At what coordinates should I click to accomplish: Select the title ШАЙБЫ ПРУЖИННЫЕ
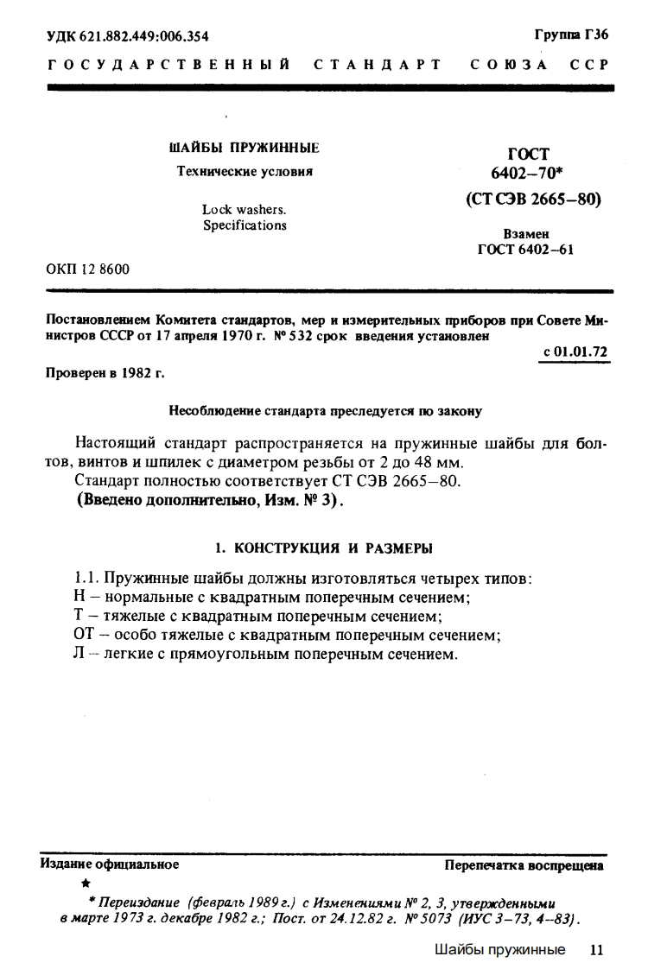pyautogui.click(x=245, y=148)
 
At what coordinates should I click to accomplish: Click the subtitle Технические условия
pyautogui.click(x=245, y=171)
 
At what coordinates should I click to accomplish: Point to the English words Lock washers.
pyautogui.click(x=245, y=209)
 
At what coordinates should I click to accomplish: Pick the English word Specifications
pyautogui.click(x=245, y=225)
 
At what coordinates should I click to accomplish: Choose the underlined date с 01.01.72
pyautogui.click(x=573, y=352)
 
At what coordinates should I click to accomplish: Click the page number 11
pyautogui.click(x=594, y=950)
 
